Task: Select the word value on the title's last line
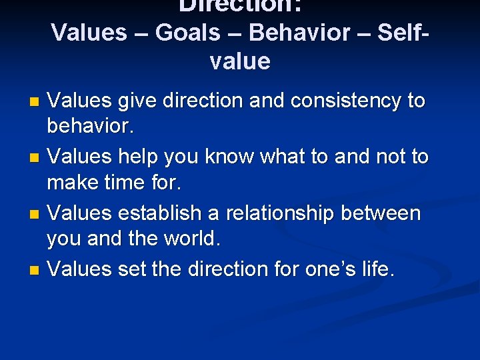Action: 240,61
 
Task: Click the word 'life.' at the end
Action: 377,269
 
